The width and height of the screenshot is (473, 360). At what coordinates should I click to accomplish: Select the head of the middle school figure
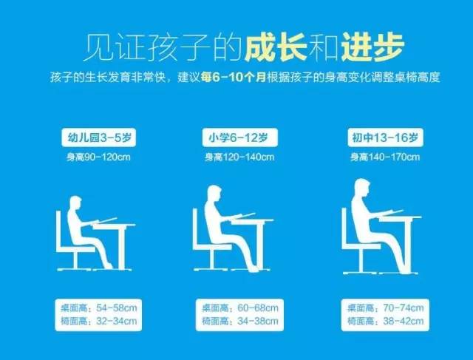364,188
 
